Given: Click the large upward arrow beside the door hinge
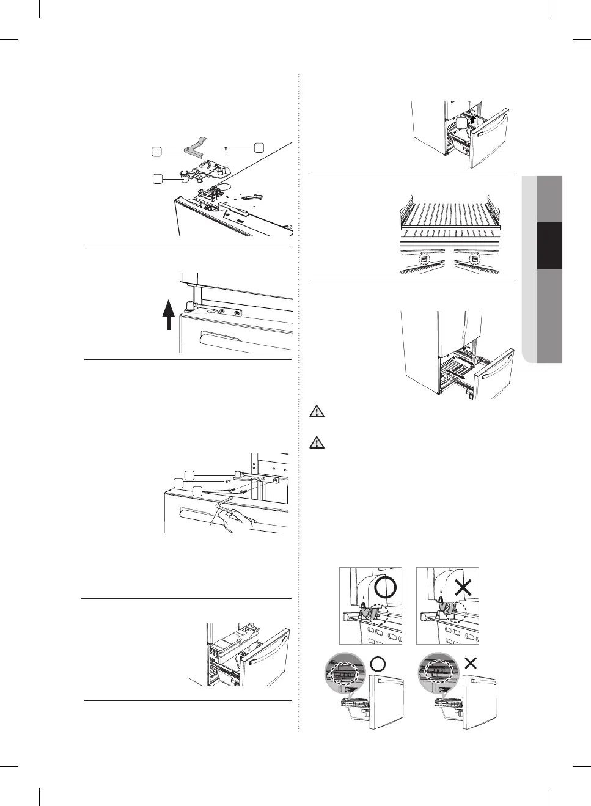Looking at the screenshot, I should tap(169, 313).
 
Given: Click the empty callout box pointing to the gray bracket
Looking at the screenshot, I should tap(157, 151).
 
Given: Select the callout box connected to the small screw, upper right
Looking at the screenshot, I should tap(259, 147).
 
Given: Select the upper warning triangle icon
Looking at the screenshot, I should tap(317, 411).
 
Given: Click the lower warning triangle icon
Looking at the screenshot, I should tap(317, 442).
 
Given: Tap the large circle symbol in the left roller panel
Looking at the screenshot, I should tap(386, 588).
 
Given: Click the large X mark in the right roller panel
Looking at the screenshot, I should tap(463, 588).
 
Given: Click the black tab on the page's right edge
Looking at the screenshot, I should tap(549, 246).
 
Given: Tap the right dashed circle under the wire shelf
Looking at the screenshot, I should tap(474, 259).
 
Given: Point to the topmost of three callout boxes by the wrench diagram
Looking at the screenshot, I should tap(189, 475).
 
